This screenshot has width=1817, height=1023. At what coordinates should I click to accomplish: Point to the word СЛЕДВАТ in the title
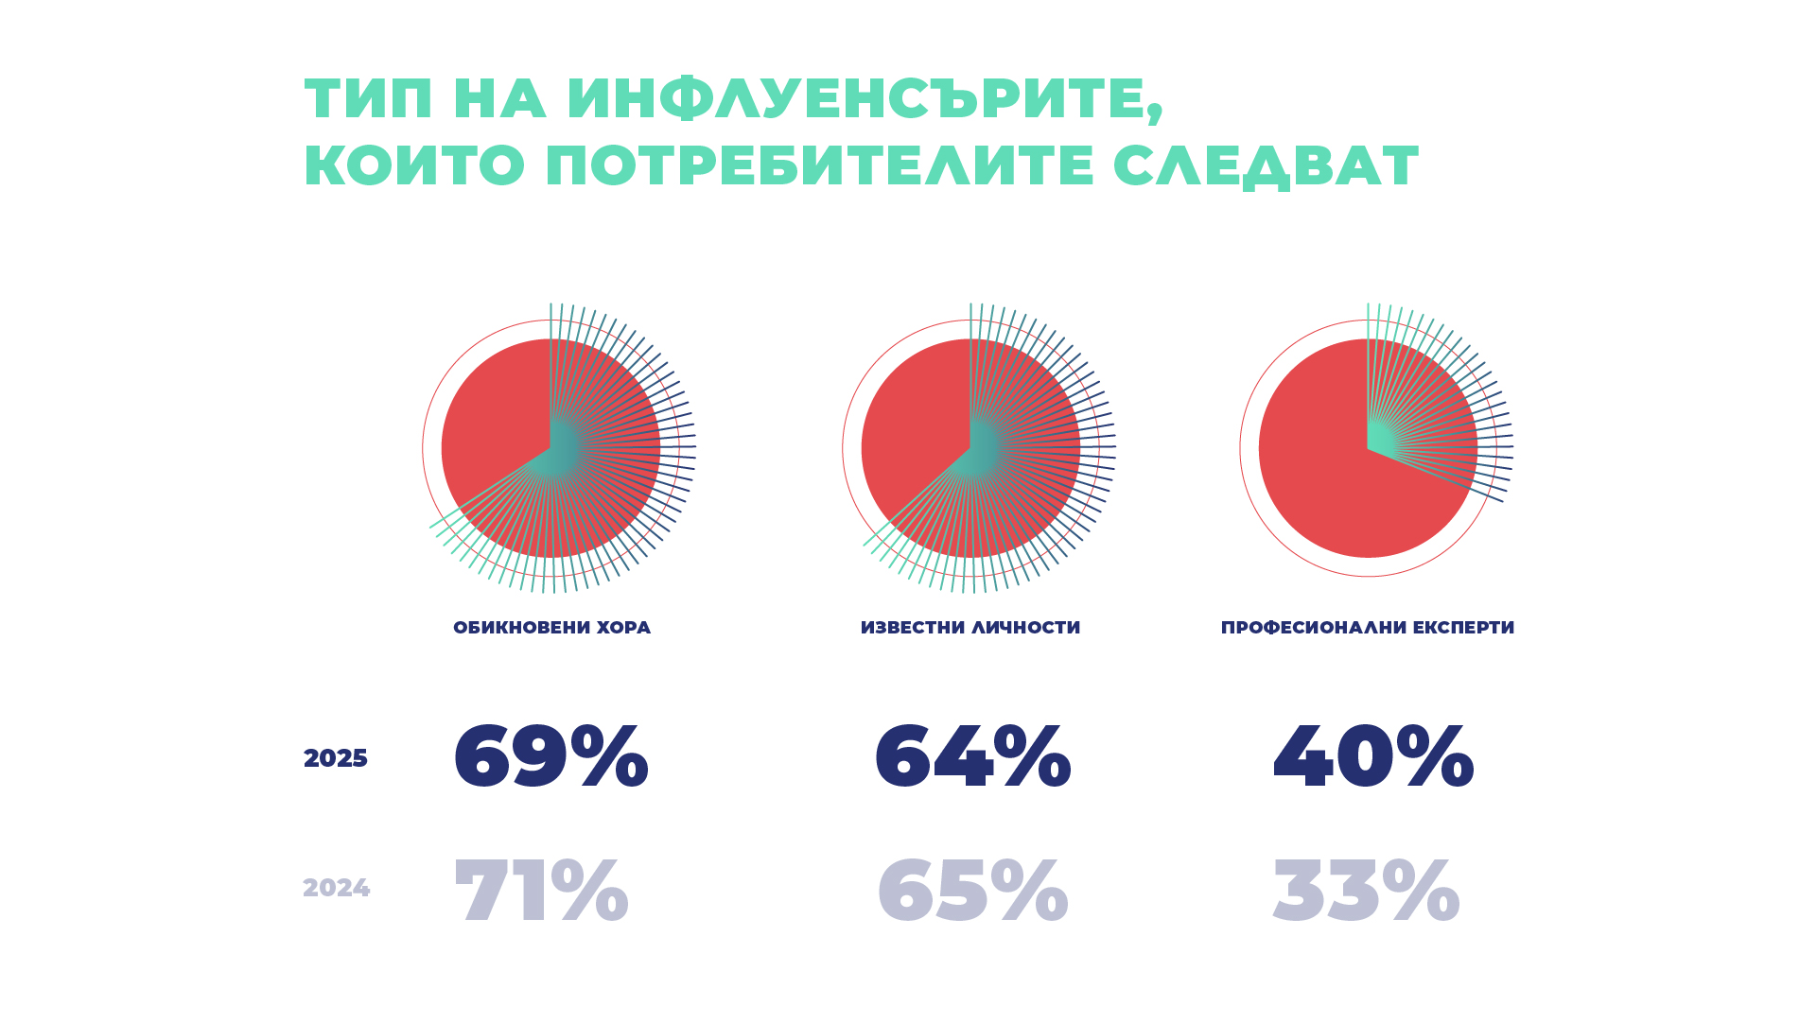coord(1266,166)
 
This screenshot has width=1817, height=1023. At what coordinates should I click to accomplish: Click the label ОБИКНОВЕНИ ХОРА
coord(551,628)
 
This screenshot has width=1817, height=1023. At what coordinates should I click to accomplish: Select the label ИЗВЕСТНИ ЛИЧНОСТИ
coord(970,628)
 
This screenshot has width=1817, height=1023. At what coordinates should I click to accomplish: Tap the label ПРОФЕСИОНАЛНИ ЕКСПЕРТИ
coord(1367,628)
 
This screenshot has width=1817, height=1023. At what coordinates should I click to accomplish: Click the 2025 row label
coord(335,758)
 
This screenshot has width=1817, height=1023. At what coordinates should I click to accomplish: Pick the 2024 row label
coord(336,889)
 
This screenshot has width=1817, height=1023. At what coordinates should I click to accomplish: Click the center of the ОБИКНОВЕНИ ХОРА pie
coord(550,448)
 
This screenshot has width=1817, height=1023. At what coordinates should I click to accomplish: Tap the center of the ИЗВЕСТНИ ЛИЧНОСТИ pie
coord(970,448)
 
